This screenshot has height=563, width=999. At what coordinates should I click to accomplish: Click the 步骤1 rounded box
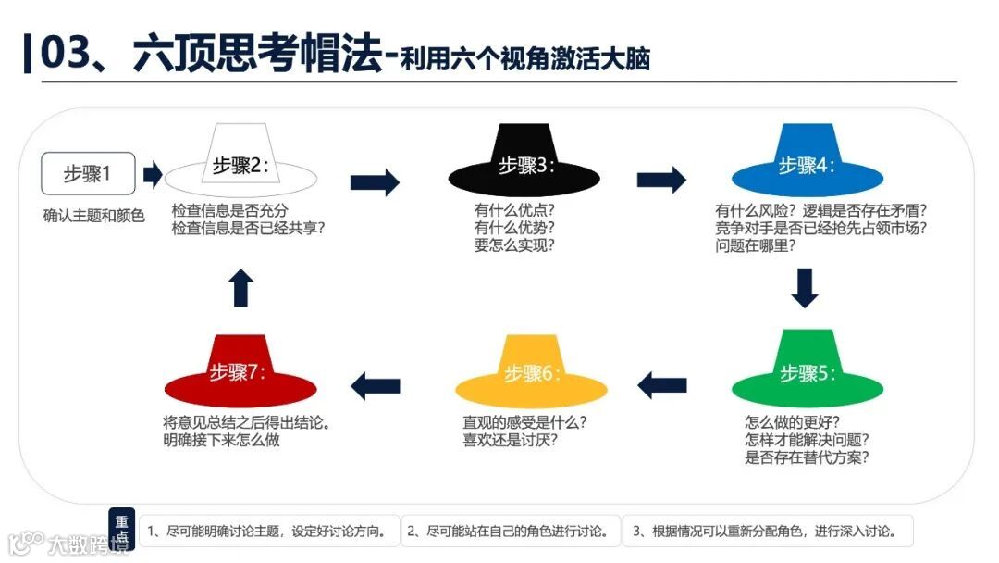pyautogui.click(x=88, y=173)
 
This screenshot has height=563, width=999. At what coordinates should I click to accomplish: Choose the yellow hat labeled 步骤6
pyautogui.click(x=531, y=371)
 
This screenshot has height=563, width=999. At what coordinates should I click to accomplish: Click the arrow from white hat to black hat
pyautogui.click(x=375, y=181)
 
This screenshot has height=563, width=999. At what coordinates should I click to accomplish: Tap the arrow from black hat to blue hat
pyautogui.click(x=661, y=180)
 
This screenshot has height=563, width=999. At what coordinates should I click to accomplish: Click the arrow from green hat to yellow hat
pyautogui.click(x=662, y=384)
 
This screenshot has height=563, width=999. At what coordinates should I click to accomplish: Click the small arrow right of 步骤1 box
pyautogui.click(x=154, y=173)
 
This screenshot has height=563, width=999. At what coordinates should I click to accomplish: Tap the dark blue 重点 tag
pyautogui.click(x=122, y=529)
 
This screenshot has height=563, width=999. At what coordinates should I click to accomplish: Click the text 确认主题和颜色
pyautogui.click(x=93, y=217)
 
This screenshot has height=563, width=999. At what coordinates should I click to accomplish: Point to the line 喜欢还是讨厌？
pyautogui.click(x=511, y=440)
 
